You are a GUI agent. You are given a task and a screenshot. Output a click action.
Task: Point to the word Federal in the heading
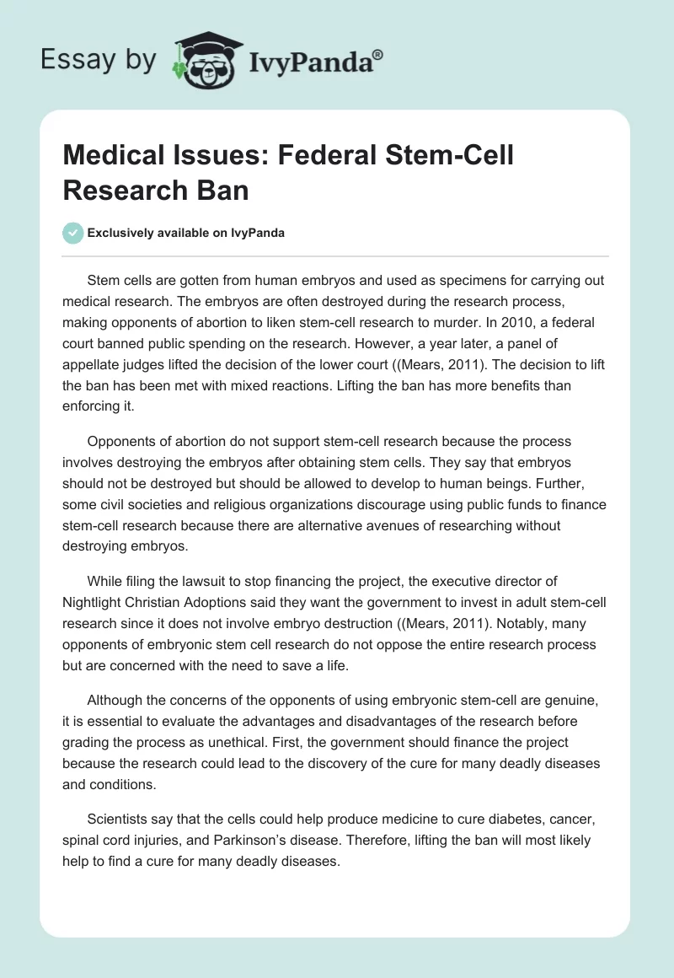331,156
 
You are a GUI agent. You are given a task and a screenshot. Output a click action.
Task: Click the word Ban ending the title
219,190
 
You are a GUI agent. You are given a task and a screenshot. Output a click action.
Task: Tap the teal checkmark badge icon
73,233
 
